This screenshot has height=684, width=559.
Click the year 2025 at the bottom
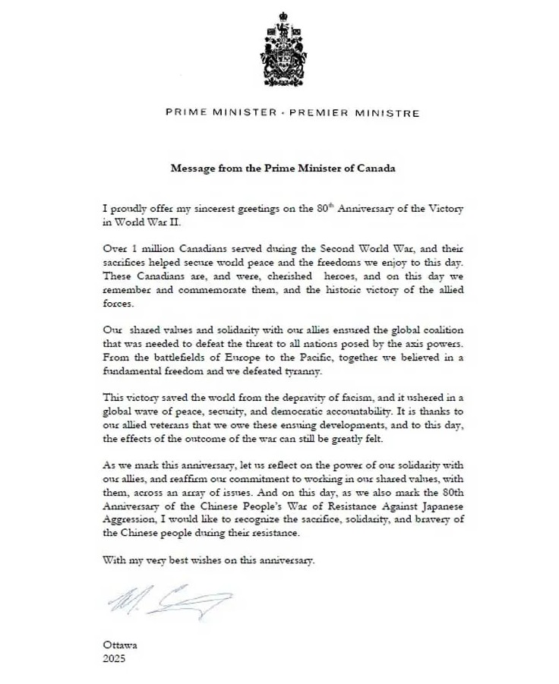click(x=113, y=659)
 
